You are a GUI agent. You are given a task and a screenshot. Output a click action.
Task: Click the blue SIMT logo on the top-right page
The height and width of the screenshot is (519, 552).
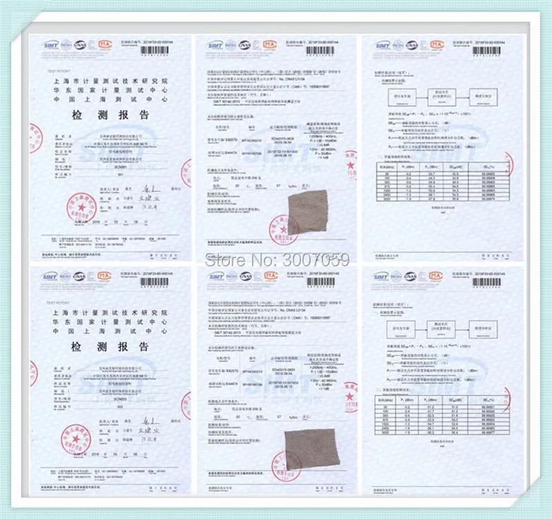tap(383, 46)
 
